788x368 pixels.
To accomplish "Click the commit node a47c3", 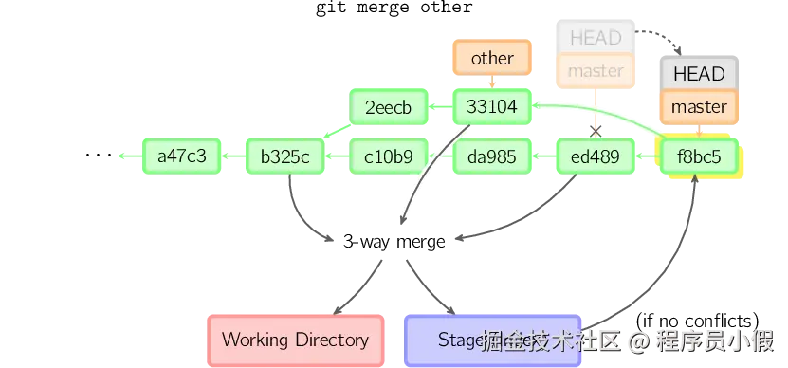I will pos(181,156).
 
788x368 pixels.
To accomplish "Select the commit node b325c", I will pos(285,156).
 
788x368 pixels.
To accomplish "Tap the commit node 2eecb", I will pos(389,107).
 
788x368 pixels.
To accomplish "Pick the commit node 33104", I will pos(492,107).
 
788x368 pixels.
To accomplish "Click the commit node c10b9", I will pos(389,156).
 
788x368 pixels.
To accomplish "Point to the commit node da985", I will pos(492,156).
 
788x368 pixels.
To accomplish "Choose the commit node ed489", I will pos(596,156).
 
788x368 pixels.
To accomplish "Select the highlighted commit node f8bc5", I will pos(699,156).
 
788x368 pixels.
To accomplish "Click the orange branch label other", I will pos(492,59).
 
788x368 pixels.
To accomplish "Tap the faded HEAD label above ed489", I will pos(596,38).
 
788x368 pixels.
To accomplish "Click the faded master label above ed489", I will pos(596,70).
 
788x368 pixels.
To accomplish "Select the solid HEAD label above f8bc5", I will pos(699,74).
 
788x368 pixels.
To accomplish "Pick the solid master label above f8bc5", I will pos(699,106).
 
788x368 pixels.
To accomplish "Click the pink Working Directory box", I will pos(295,340).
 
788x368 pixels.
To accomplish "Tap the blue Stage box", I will pos(493,340).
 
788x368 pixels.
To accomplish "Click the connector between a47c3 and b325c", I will pos(233,156).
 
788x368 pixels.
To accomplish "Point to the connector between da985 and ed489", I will pos(543,156).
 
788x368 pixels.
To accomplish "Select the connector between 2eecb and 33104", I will pos(440,107).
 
